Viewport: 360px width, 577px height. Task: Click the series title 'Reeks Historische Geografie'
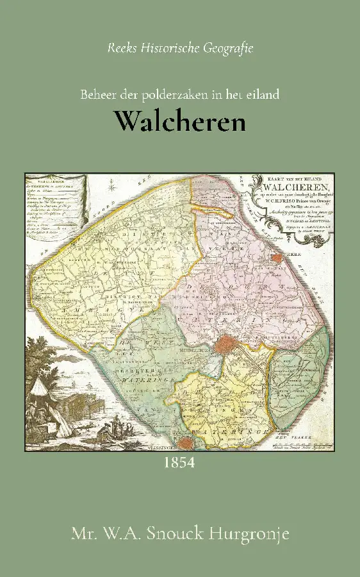tap(180, 48)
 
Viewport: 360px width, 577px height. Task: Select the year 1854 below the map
tap(179, 462)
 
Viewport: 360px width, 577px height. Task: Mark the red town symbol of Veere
tap(277, 258)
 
